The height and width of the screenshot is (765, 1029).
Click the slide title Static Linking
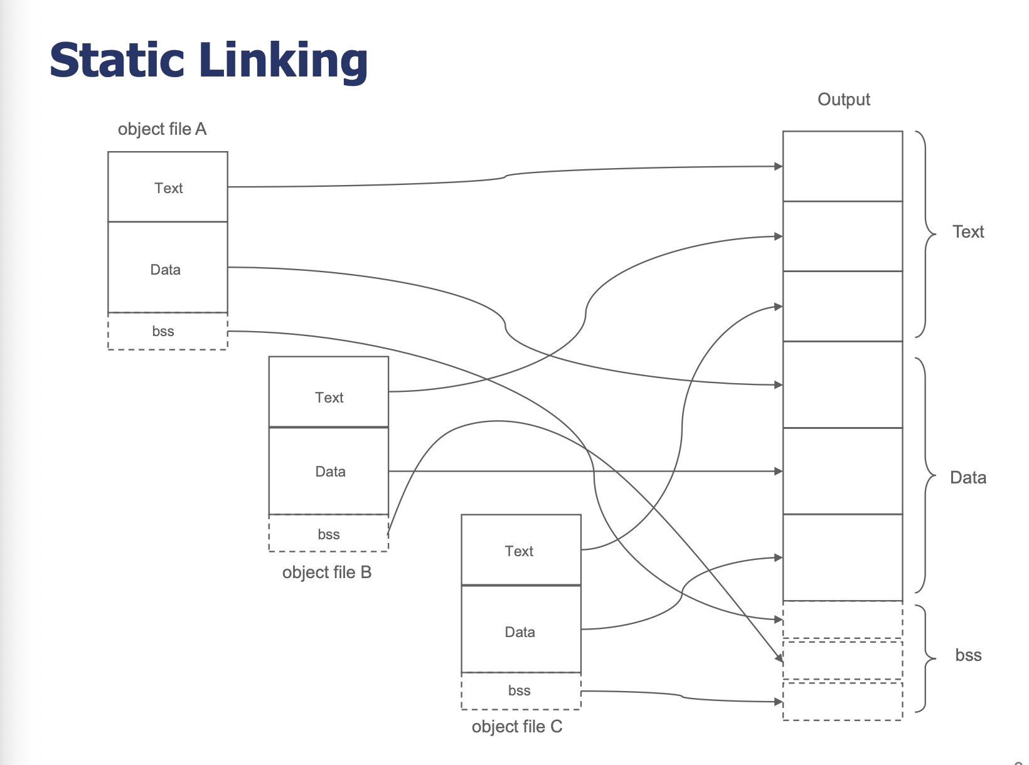(208, 61)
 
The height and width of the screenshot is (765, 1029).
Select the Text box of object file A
(168, 187)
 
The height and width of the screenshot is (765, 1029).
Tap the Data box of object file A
(168, 267)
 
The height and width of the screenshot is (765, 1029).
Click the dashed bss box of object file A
(168, 331)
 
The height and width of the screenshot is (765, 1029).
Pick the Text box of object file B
(328, 392)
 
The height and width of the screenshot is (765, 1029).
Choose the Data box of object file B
(328, 470)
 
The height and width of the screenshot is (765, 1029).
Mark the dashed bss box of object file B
(328, 533)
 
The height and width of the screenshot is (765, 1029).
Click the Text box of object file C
(521, 550)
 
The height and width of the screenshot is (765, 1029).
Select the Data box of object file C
(521, 629)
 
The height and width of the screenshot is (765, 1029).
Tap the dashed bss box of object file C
(521, 691)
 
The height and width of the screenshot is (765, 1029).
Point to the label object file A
(162, 129)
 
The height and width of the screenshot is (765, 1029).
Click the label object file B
(327, 572)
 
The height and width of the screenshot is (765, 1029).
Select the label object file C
(517, 727)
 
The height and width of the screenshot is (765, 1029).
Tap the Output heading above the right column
(843, 100)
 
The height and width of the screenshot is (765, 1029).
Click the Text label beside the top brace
(968, 231)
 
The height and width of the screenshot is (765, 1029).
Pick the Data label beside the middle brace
(968, 477)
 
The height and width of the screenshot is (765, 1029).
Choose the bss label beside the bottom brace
(969, 655)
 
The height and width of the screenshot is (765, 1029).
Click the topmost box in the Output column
(843, 166)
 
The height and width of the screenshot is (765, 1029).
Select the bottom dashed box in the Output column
(843, 701)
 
